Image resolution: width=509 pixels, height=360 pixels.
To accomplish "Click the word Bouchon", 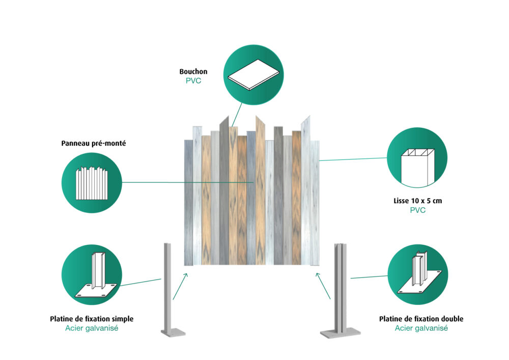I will (193, 72).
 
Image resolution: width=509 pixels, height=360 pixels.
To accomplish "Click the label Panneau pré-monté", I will (93, 144).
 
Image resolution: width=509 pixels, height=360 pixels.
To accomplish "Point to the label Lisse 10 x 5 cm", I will (417, 201).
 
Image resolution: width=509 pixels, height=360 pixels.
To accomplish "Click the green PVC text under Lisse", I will (417, 210).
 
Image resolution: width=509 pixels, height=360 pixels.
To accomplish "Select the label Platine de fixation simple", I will (92, 319).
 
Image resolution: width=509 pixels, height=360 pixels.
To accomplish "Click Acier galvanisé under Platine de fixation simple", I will (92, 328).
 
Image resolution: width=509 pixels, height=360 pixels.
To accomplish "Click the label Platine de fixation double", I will (421, 319).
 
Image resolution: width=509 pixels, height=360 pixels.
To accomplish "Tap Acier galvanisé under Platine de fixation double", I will (421, 328).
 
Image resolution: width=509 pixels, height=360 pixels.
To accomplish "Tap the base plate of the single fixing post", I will (172, 333).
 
